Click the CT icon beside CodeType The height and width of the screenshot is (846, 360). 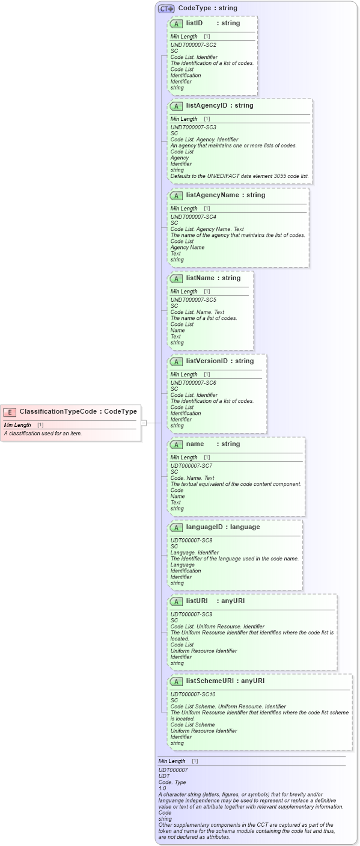166,9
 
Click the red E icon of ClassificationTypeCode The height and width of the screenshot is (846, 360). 10,412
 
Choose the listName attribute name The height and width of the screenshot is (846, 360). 201,278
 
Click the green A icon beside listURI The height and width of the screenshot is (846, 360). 177,601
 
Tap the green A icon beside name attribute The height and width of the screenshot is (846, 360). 177,444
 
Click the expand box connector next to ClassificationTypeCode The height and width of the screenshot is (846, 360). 144,423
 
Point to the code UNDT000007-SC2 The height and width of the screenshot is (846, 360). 193,45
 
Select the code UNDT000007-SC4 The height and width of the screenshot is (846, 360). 193,217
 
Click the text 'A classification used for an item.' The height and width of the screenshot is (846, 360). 43,434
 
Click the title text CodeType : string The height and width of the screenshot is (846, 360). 207,8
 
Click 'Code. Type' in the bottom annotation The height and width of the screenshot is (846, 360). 172,782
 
